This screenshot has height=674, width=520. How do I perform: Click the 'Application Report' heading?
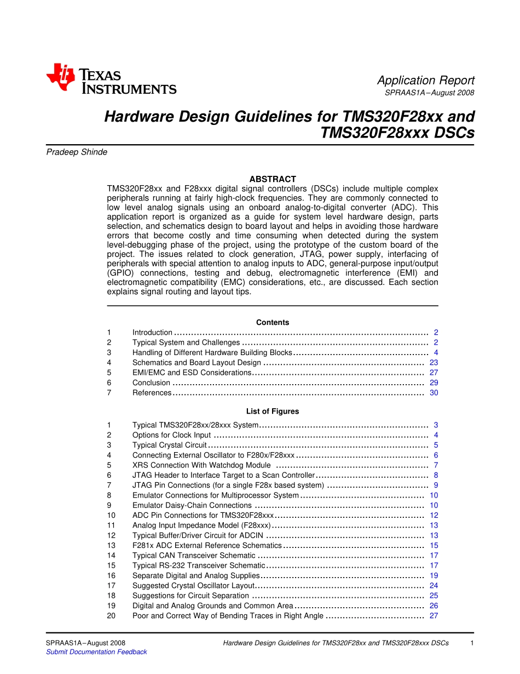[x=425, y=81]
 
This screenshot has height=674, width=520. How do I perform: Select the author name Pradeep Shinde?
[x=77, y=152]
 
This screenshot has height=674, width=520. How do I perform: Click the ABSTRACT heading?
[x=273, y=179]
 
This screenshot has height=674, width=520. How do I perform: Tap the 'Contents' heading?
[x=273, y=323]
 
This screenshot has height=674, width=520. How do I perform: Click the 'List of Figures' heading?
[x=273, y=412]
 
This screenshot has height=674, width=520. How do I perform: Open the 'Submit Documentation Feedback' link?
[x=96, y=652]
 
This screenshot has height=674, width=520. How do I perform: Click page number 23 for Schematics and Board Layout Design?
[x=434, y=363]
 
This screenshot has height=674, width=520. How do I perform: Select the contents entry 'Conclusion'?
[x=151, y=383]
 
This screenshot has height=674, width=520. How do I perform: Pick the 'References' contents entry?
[x=152, y=393]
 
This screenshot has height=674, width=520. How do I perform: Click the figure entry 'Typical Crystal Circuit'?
[x=170, y=445]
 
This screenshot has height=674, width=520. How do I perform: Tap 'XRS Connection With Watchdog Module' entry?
[x=201, y=465]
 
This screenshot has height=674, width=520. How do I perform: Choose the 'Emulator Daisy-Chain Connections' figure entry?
[x=192, y=505]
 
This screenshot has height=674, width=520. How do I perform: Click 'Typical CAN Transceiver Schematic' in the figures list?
[x=194, y=556]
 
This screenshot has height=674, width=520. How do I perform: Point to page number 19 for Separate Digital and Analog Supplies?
[x=434, y=576]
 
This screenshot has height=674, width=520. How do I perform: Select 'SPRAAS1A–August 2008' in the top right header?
[x=429, y=93]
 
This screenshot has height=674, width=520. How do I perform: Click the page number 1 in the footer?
[x=472, y=643]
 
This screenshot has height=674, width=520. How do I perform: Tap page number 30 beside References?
[x=434, y=393]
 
